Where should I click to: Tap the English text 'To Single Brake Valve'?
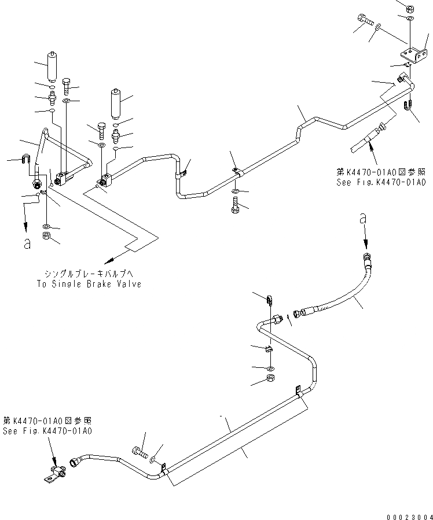click(92, 284)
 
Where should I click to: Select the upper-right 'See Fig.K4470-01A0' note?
click(381, 182)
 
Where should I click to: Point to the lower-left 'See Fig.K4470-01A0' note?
click(47, 431)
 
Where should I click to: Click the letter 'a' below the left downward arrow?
click(27, 244)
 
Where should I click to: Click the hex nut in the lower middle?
click(271, 379)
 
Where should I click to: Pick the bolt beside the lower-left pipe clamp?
click(138, 452)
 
